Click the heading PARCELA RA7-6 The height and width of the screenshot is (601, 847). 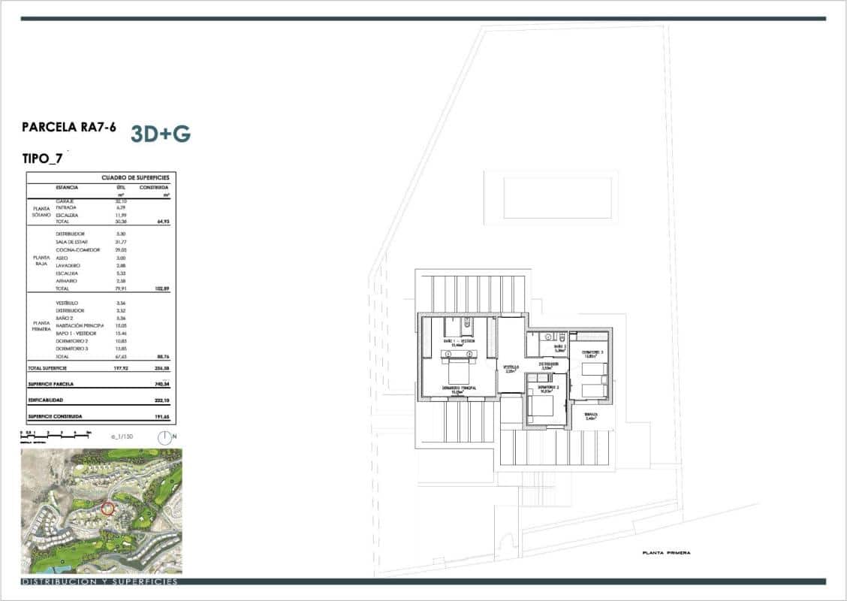pyautogui.click(x=69, y=128)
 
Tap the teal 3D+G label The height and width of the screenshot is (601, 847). pyautogui.click(x=161, y=134)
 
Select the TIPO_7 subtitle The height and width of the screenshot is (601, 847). pyautogui.click(x=43, y=159)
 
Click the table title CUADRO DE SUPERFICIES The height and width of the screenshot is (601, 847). pyautogui.click(x=135, y=178)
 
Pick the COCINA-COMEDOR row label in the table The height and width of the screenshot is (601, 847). pyautogui.click(x=74, y=250)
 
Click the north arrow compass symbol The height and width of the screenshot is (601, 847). pyautogui.click(x=164, y=436)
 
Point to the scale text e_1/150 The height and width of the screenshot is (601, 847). pyautogui.click(x=121, y=436)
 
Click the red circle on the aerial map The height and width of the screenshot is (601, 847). pyautogui.click(x=107, y=509)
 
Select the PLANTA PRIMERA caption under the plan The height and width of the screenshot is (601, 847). pyautogui.click(x=666, y=553)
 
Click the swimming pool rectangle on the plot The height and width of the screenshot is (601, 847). pyautogui.click(x=550, y=198)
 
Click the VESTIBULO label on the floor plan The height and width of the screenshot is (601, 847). pyautogui.click(x=511, y=367)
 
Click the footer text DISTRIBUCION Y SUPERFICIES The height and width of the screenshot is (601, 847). pyautogui.click(x=100, y=581)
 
